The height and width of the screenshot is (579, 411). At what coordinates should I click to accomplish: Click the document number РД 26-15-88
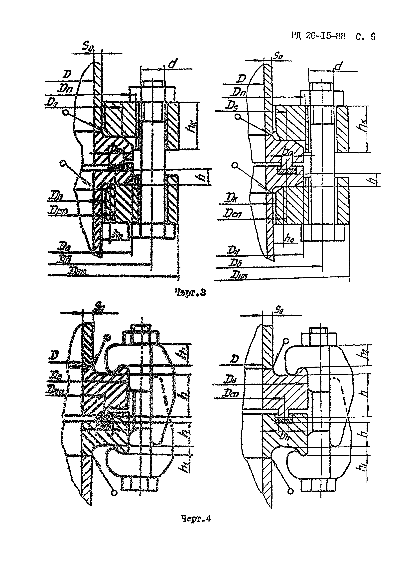coord(318,36)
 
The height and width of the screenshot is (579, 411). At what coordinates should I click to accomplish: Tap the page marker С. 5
coord(365,37)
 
